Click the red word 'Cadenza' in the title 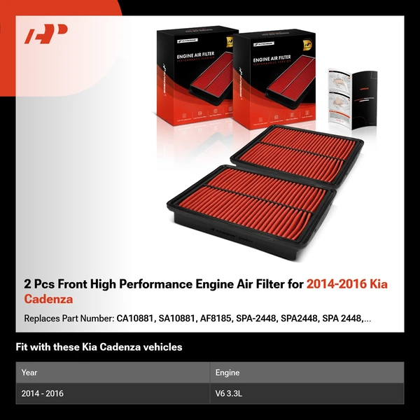pyautogui.click(x=49, y=300)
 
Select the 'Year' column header pyautogui.click(x=29, y=372)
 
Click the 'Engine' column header pyautogui.click(x=227, y=372)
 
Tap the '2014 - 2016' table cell pyautogui.click(x=43, y=393)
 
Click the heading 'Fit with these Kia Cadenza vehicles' pyautogui.click(x=99, y=346)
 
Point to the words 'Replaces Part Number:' pyautogui.click(x=69, y=319)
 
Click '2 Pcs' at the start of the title pyautogui.click(x=40, y=284)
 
